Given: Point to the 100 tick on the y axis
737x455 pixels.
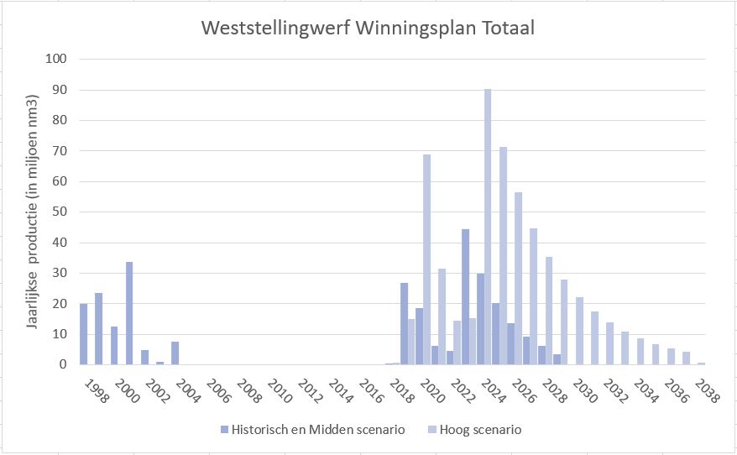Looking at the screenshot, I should point(56,59).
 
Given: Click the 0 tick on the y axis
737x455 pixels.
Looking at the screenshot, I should point(63,365).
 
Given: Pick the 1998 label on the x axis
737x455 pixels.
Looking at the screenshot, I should point(99,390).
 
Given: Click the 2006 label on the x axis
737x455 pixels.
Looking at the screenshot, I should point(221,390).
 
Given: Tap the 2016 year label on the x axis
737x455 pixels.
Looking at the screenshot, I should point(374,390).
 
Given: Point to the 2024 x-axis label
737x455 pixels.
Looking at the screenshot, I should point(495,390).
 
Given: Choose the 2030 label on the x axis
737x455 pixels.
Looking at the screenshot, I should point(587,390).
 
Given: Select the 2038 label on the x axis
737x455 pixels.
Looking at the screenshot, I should point(708,390).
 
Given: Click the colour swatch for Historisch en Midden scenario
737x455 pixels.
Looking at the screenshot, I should point(224,430).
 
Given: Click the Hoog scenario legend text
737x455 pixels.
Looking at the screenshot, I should point(483,430).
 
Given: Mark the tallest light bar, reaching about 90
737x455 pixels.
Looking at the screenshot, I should point(488,227).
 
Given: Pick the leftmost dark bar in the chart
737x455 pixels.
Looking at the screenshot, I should point(83,334).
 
